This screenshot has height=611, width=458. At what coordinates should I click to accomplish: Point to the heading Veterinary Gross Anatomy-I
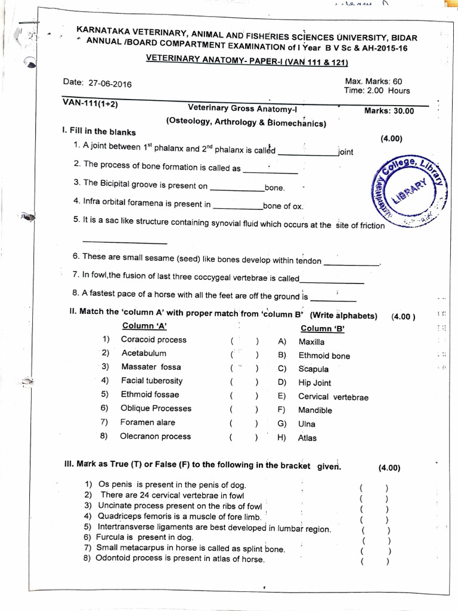[x=246, y=108]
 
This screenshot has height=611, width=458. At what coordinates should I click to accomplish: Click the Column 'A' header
[x=144, y=326]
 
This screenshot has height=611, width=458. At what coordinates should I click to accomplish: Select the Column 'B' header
[x=323, y=328]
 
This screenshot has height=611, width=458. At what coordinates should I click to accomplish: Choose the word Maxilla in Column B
[x=311, y=342]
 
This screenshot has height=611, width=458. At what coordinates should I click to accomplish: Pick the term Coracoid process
[x=153, y=340]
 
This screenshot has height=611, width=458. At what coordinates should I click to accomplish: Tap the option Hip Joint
[x=314, y=383]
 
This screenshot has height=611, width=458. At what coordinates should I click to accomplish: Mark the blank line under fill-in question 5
[x=125, y=242]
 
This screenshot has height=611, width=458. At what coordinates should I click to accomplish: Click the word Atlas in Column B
[x=307, y=438]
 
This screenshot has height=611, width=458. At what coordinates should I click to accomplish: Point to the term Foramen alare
[x=148, y=422]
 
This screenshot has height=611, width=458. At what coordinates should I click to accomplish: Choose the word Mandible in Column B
[x=315, y=411]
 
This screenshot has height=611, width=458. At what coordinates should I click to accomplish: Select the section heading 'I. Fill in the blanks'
[x=99, y=132]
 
